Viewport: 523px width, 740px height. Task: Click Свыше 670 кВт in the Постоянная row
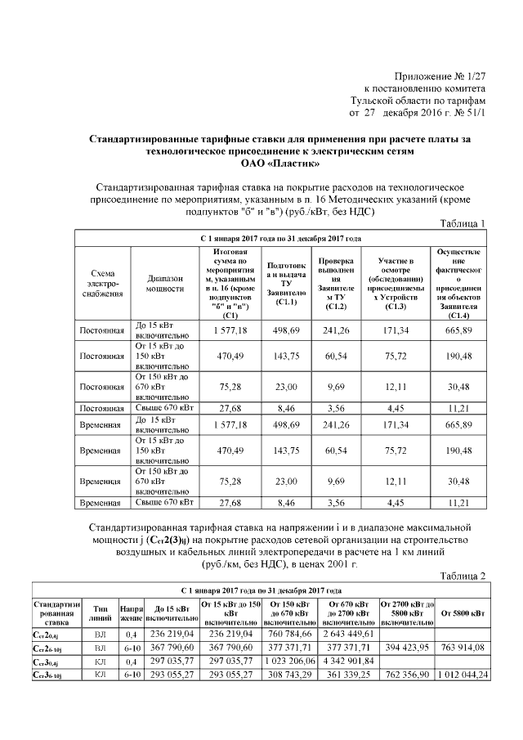point(164,406)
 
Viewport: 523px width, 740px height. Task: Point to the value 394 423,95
point(406,646)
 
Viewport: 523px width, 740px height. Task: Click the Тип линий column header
point(101,612)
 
